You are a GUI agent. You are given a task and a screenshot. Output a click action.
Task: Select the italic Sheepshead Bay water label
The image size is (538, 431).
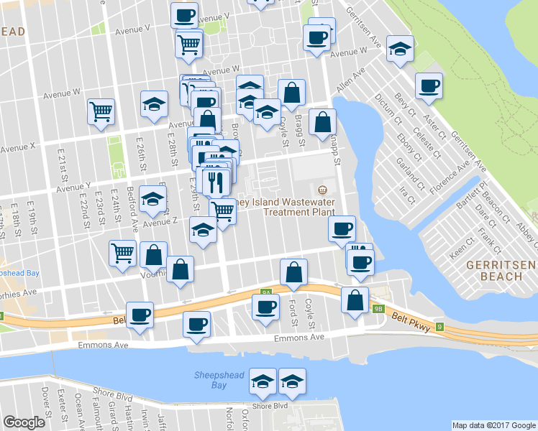click(x=211, y=380)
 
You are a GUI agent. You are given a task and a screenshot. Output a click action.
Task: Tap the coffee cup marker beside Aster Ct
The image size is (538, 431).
click(x=429, y=86)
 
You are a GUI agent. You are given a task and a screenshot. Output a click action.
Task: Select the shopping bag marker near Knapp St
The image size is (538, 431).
click(x=322, y=122)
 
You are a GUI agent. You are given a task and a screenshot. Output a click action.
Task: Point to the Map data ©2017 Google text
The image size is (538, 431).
click(x=493, y=425)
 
